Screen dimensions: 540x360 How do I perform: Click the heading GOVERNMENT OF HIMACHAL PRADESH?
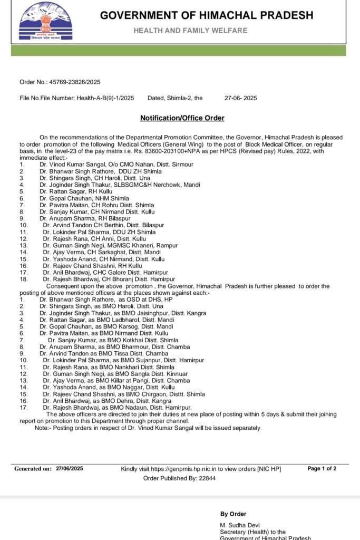click(x=207, y=15)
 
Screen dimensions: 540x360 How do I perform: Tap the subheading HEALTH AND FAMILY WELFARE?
click(x=190, y=31)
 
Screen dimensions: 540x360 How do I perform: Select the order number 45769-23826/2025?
click(x=74, y=82)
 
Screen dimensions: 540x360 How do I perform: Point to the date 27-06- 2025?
click(x=240, y=98)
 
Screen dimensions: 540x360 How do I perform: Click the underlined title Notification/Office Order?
click(x=182, y=118)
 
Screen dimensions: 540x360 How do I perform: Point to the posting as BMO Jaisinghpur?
click(x=122, y=313)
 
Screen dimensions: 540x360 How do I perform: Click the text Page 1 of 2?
click(x=322, y=468)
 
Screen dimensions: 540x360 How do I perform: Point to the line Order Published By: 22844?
click(x=179, y=478)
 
